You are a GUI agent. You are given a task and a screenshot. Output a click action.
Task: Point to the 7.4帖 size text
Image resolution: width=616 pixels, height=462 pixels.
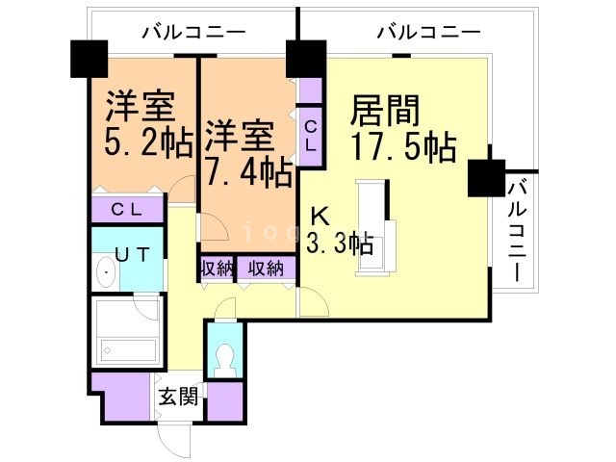(x=247, y=172)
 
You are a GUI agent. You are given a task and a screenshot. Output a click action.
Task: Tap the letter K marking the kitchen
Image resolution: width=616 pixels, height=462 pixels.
(x=317, y=218)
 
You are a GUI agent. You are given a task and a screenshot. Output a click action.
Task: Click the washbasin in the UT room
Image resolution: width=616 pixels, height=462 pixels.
(x=105, y=275)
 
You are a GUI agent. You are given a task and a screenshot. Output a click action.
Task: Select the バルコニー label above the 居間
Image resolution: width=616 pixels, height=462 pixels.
(x=427, y=32)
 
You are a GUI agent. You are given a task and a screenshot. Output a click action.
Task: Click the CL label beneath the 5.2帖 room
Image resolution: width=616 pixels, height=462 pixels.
(x=128, y=209)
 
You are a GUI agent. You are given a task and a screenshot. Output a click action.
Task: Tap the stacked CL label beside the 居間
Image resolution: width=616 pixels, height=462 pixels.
(x=310, y=135)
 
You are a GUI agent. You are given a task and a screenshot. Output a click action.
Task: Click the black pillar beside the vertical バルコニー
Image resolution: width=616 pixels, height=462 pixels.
(x=485, y=177)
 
